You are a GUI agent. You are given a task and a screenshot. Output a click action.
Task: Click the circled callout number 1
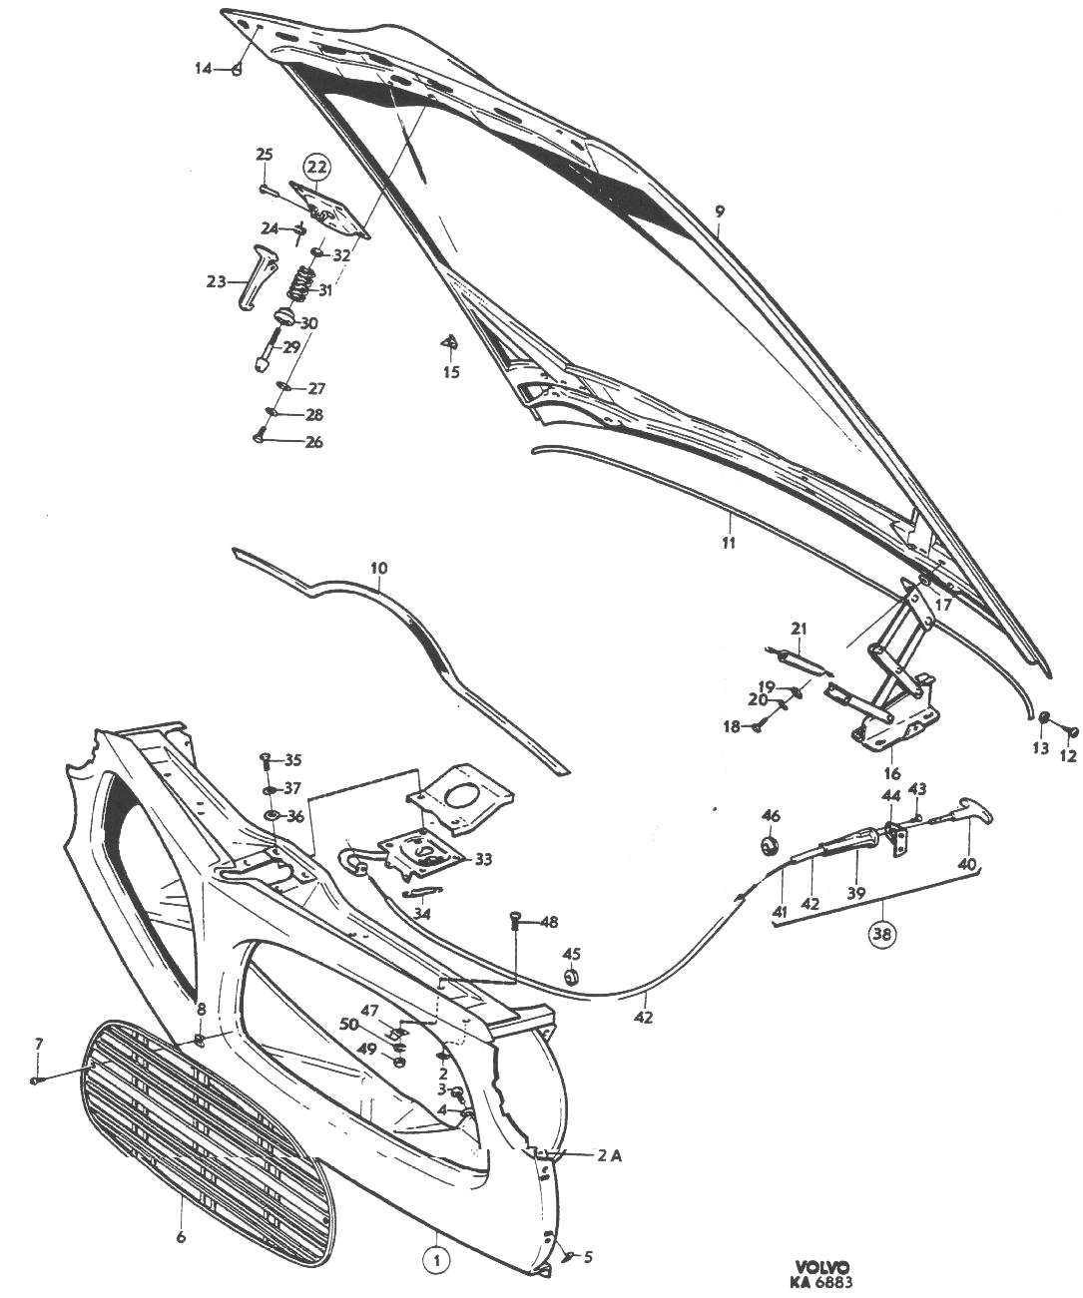pyautogui.click(x=436, y=1259)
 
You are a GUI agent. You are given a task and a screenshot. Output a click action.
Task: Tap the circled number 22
pyautogui.click(x=316, y=166)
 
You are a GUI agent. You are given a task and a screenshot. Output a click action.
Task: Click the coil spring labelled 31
pyautogui.click(x=297, y=281)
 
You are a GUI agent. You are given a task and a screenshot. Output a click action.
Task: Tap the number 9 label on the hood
pyautogui.click(x=719, y=212)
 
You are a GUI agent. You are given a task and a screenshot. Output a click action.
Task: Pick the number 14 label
pyautogui.click(x=203, y=68)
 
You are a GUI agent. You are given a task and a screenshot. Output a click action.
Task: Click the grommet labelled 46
pyautogui.click(x=771, y=845)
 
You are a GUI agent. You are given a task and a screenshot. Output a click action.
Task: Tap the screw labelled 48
pyautogui.click(x=516, y=920)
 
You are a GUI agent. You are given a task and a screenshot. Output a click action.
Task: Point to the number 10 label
pyautogui.click(x=378, y=569)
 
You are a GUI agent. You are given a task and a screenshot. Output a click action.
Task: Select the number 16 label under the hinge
pyautogui.click(x=891, y=773)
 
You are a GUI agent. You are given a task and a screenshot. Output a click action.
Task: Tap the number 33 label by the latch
pyautogui.click(x=483, y=858)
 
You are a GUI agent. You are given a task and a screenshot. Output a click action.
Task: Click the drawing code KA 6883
pyautogui.click(x=823, y=1284)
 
